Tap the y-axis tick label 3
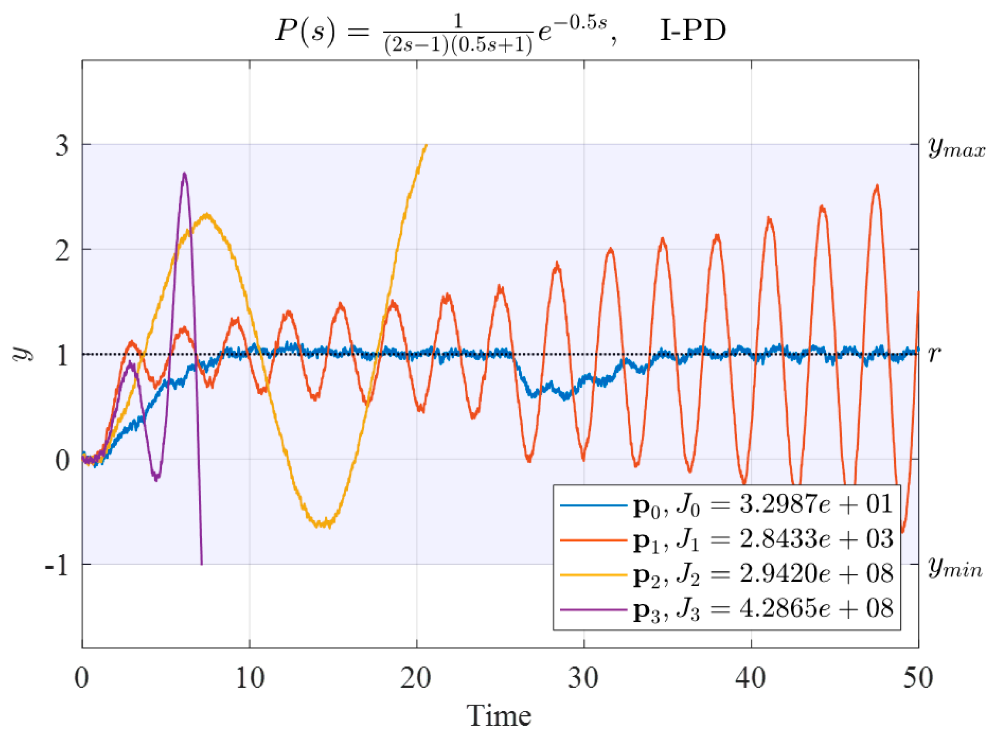[x=62, y=146]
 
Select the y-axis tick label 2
[x=62, y=250]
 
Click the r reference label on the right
[x=934, y=354]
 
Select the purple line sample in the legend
[x=593, y=609]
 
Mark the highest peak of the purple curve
[x=184, y=174]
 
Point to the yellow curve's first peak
[x=207, y=215]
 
